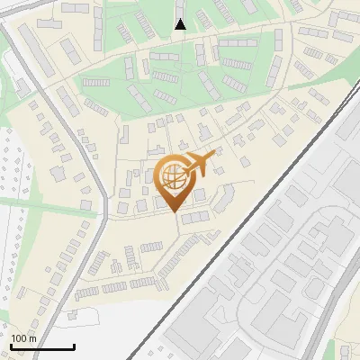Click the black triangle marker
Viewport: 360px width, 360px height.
[x=181, y=24]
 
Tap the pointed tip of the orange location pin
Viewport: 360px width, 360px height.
[x=174, y=211]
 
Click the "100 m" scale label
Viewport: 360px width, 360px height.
[x=23, y=338]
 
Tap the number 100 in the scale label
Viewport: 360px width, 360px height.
[x=19, y=338]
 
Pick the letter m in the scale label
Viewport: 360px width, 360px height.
[x=32, y=338]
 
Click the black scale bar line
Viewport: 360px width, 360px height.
[x=41, y=346]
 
